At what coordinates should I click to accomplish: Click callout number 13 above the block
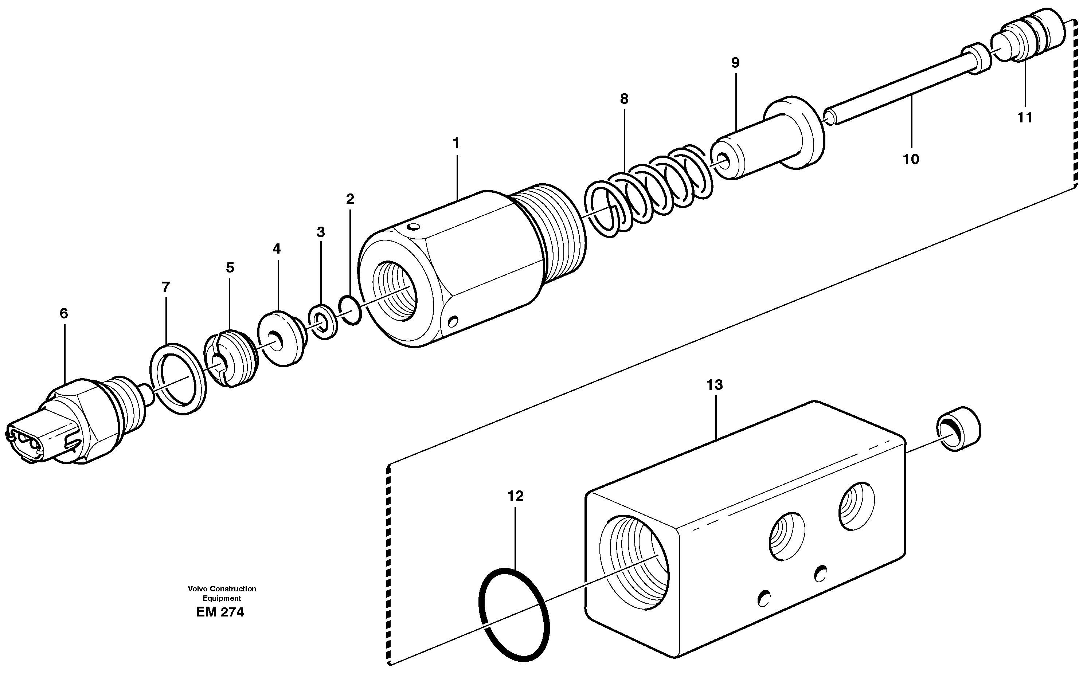[x=715, y=385]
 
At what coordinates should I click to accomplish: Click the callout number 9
[x=735, y=63]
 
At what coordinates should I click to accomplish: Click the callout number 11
[x=1025, y=118]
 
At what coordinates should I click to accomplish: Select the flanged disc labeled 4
[x=280, y=338]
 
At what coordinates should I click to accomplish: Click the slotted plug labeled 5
[x=230, y=359]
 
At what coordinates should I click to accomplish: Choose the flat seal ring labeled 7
[x=178, y=379]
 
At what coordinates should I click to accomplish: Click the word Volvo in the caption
[x=196, y=589]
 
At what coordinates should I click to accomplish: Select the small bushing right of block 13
[x=958, y=429]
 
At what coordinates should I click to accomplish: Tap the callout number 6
[x=64, y=313]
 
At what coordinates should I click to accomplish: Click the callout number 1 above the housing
[x=456, y=144]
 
